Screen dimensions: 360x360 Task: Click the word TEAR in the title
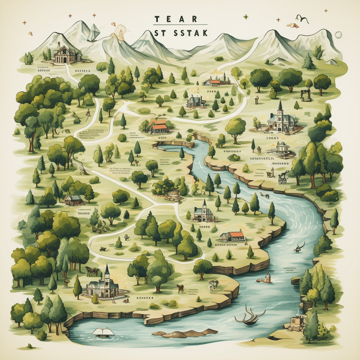(175, 20)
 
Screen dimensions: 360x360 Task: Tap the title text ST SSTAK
(180, 33)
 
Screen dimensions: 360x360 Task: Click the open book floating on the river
(103, 331)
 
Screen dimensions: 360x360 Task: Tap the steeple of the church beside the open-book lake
(107, 270)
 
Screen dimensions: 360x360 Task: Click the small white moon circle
(339, 34)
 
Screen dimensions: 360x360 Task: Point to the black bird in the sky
(302, 19)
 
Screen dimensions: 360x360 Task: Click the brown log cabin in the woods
(74, 200)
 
